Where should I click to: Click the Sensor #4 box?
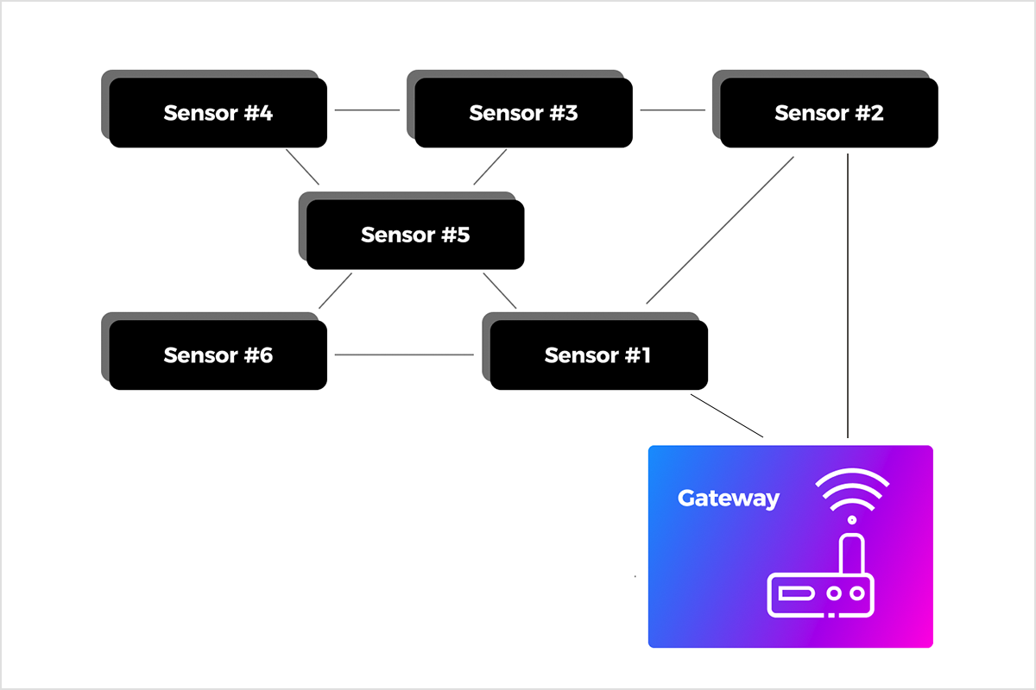coord(218,113)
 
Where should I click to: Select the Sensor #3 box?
coord(523,113)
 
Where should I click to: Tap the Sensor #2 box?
coord(829,113)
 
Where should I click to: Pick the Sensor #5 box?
coord(415,235)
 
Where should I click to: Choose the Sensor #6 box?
coord(218,354)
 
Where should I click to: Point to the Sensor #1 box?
coord(598,354)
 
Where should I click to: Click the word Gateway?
coord(728,499)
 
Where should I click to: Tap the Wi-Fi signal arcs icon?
coord(852,492)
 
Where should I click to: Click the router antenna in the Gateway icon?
coord(852,555)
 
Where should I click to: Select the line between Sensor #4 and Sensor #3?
coord(367,110)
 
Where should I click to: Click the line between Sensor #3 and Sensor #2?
coord(673,110)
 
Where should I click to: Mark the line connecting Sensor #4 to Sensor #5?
coord(303,167)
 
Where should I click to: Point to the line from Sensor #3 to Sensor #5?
coord(490,167)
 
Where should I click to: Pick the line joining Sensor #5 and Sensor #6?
coord(335,291)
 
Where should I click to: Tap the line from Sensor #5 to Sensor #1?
coord(500,291)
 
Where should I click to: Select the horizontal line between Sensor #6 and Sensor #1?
coord(404,354)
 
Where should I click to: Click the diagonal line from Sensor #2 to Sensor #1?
coord(720,230)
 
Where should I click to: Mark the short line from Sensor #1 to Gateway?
coord(727,416)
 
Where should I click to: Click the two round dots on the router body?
coord(846,593)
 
